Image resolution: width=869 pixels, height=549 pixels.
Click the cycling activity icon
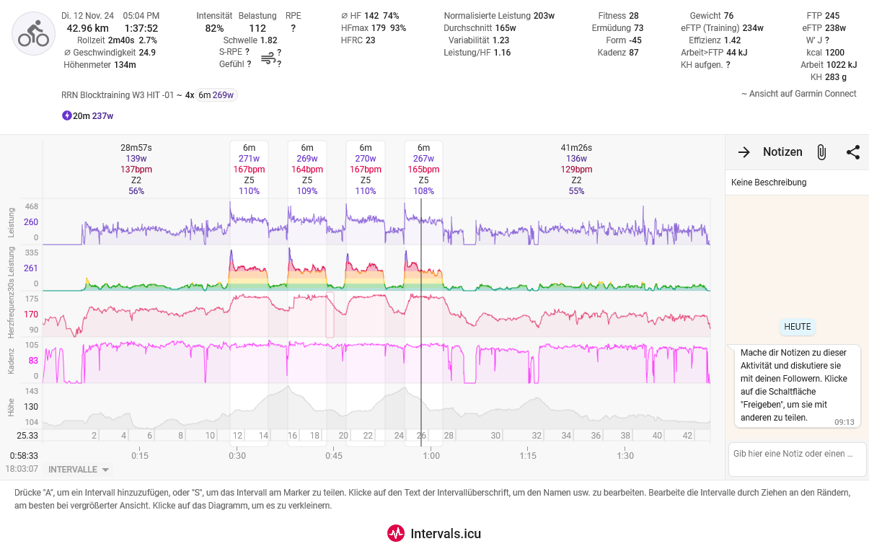tap(34, 34)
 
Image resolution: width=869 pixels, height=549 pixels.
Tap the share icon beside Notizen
tap(853, 152)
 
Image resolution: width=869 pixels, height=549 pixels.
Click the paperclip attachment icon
tap(821, 152)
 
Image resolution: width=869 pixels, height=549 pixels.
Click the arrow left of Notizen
tap(744, 152)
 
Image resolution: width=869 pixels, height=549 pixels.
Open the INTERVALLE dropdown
tap(79, 470)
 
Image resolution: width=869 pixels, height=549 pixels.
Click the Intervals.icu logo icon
tap(396, 533)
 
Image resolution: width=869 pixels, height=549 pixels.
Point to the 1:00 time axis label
tap(431, 455)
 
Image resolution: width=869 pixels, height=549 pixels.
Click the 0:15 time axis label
tap(140, 455)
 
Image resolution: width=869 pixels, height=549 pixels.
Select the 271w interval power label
tap(249, 159)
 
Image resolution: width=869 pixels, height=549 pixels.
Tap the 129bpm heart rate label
tap(576, 170)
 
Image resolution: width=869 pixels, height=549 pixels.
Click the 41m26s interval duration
tap(576, 148)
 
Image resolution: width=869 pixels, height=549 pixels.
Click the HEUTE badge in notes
tap(797, 327)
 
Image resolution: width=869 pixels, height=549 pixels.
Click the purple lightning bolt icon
tap(67, 115)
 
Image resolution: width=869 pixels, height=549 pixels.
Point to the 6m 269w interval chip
tap(217, 95)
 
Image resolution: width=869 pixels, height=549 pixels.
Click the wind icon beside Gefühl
tap(268, 58)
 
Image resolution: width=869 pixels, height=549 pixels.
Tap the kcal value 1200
tap(834, 53)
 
